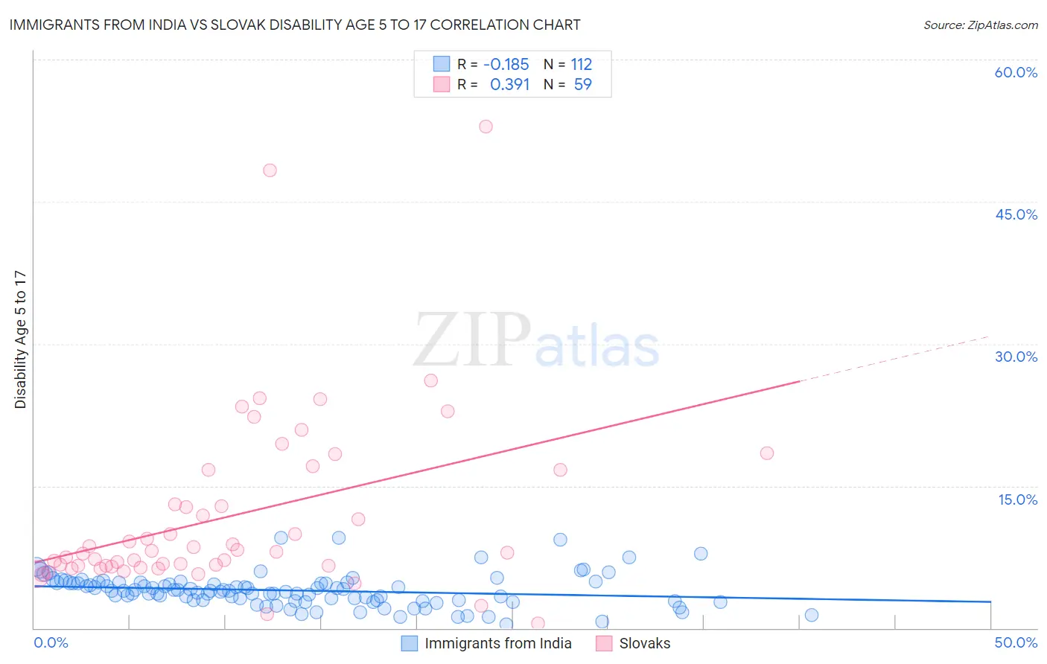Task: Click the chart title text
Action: [295, 25]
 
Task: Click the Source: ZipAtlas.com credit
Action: [980, 25]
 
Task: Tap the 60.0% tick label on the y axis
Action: [1016, 72]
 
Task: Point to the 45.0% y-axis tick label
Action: [1016, 214]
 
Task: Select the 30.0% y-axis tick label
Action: [1016, 357]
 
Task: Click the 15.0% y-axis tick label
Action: [1017, 499]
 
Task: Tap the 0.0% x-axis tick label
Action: [51, 642]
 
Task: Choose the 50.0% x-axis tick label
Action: [1016, 642]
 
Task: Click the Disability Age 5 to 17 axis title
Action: [20, 339]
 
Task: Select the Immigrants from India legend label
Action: [497, 643]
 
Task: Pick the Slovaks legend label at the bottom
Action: [644, 643]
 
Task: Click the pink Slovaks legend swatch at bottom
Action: [604, 643]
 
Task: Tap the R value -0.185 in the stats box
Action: [506, 64]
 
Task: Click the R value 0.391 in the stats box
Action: [509, 85]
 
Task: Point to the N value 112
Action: [582, 64]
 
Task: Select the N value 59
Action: [582, 85]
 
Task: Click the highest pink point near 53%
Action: [486, 127]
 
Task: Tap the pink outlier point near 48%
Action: [270, 170]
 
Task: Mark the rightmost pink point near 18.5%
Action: [766, 453]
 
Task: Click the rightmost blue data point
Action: [812, 615]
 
